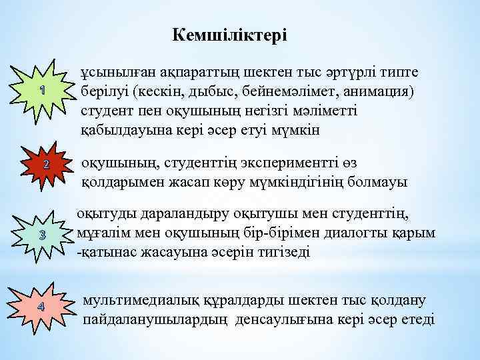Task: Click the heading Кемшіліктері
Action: pyautogui.click(x=229, y=35)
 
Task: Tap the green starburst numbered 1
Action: pyautogui.click(x=42, y=90)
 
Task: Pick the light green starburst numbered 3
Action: pyautogui.click(x=41, y=235)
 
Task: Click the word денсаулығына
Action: pyautogui.click(x=298, y=319)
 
